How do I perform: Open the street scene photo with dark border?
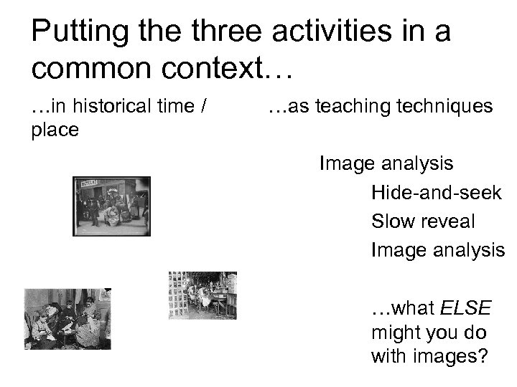pyautogui.click(x=111, y=206)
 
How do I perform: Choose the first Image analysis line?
pyautogui.click(x=386, y=164)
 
